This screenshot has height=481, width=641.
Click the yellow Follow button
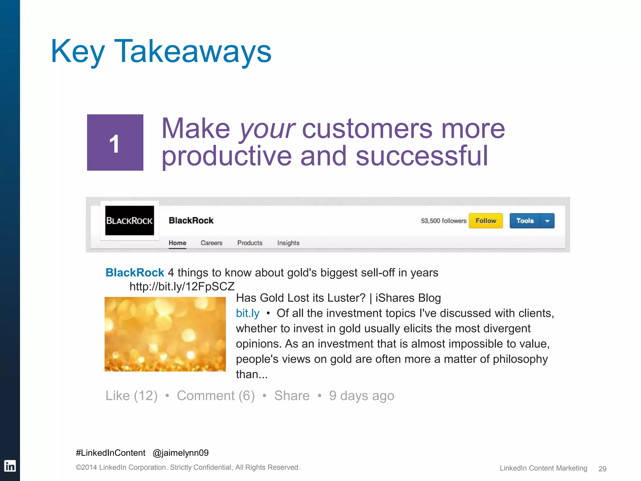tap(485, 221)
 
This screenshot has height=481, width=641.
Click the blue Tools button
tap(525, 221)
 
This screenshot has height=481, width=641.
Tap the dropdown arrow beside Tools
tap(547, 221)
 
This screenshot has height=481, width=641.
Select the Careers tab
tap(212, 243)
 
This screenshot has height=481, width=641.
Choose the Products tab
tap(250, 243)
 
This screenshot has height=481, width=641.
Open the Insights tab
tap(288, 243)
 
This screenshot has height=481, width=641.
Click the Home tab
tap(177, 243)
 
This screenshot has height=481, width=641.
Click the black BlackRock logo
tap(130, 220)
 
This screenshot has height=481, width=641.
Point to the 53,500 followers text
tap(444, 221)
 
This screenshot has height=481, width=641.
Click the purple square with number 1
tap(115, 142)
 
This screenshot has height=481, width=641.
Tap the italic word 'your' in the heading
tap(267, 129)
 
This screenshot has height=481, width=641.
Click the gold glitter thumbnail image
tap(165, 334)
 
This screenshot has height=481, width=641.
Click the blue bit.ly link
tap(248, 313)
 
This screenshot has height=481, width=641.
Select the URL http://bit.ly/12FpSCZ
tap(182, 286)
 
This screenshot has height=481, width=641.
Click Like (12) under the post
tap(131, 396)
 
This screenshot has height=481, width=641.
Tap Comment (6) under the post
tap(216, 396)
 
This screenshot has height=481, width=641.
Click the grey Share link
tap(292, 396)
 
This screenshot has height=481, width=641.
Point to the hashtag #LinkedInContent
tap(110, 453)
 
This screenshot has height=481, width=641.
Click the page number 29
tap(602, 468)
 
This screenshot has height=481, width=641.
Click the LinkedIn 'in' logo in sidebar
tap(10, 466)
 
